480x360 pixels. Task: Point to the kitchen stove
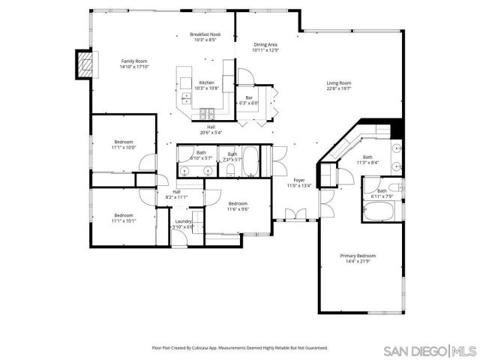point(207,114)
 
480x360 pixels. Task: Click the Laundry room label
point(183,223)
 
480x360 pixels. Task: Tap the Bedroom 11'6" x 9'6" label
point(238,206)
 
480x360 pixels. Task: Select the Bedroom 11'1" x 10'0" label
point(124,145)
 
